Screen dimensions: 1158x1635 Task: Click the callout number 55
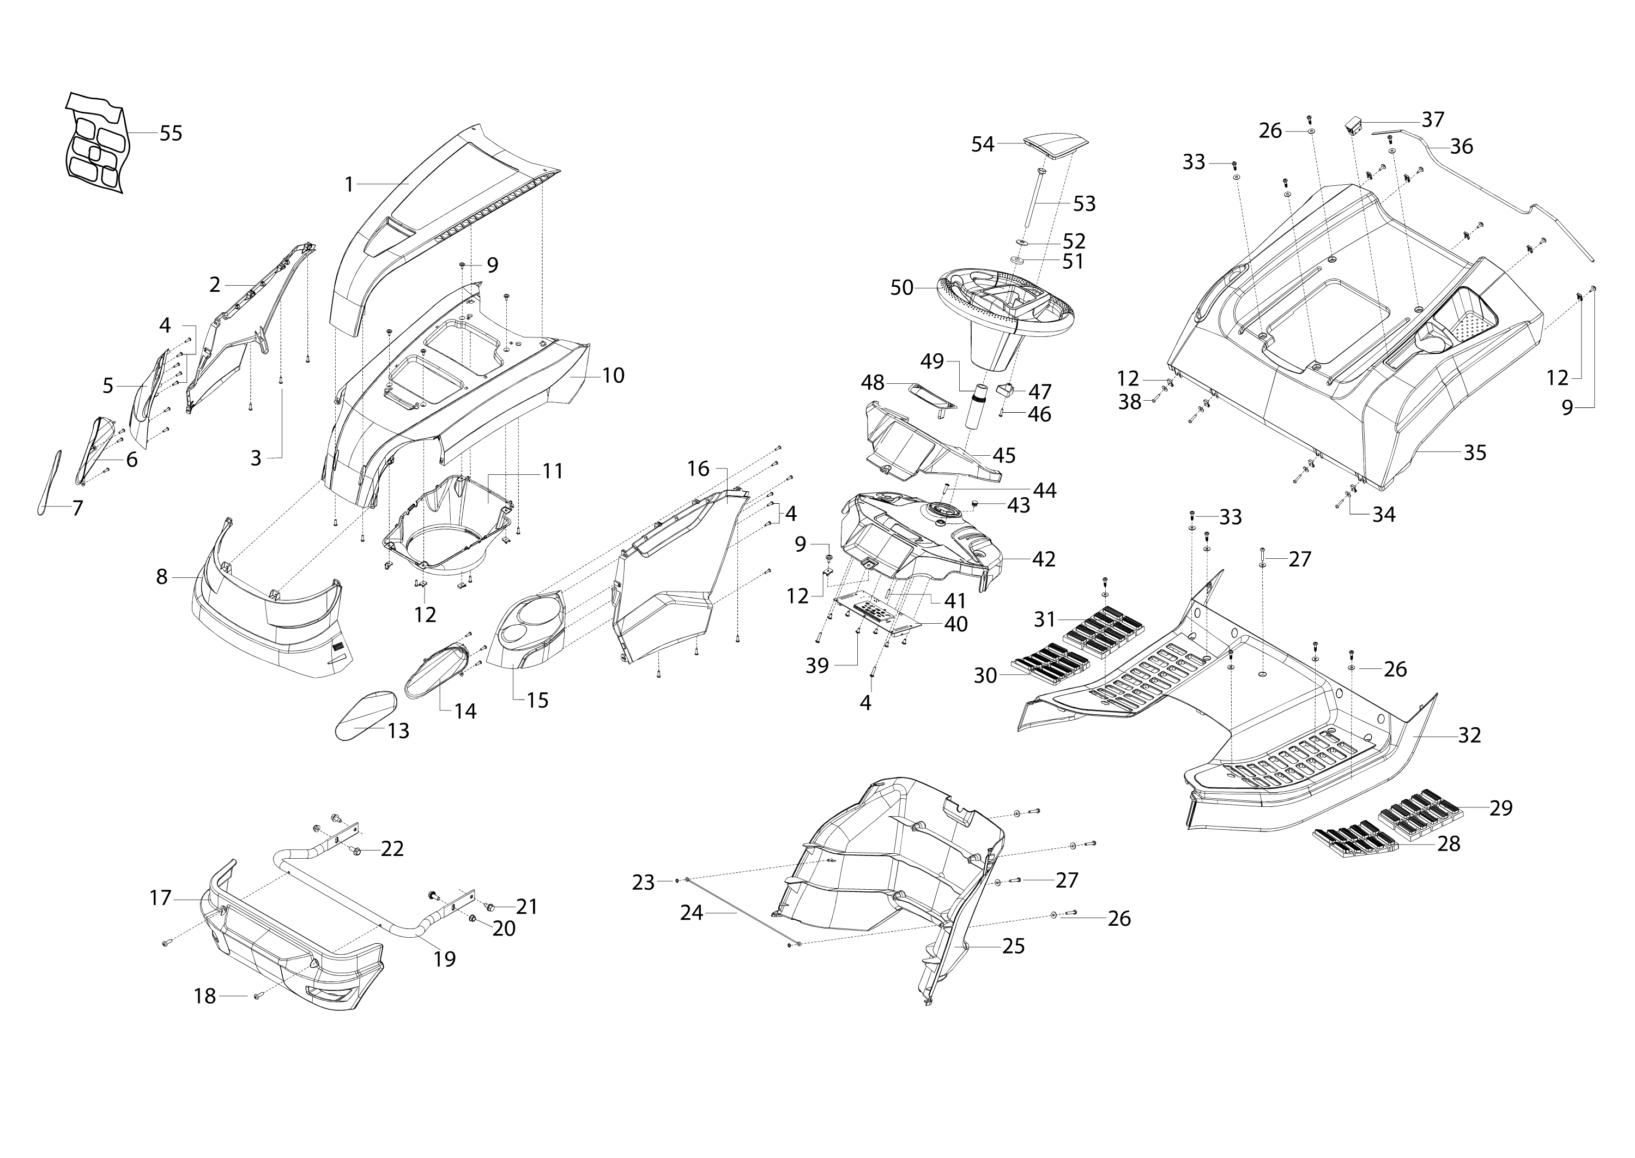tap(171, 134)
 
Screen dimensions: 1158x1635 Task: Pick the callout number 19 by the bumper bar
tap(445, 959)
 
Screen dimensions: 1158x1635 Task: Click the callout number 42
tap(1044, 559)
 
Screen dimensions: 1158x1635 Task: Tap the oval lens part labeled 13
tap(366, 716)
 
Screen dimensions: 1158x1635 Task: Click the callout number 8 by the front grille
tap(162, 577)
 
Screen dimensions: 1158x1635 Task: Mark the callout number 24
tap(692, 913)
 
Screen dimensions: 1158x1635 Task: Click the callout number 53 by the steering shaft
tap(1084, 204)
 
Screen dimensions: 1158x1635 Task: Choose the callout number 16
tap(699, 468)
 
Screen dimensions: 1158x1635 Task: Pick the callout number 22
tap(392, 848)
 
